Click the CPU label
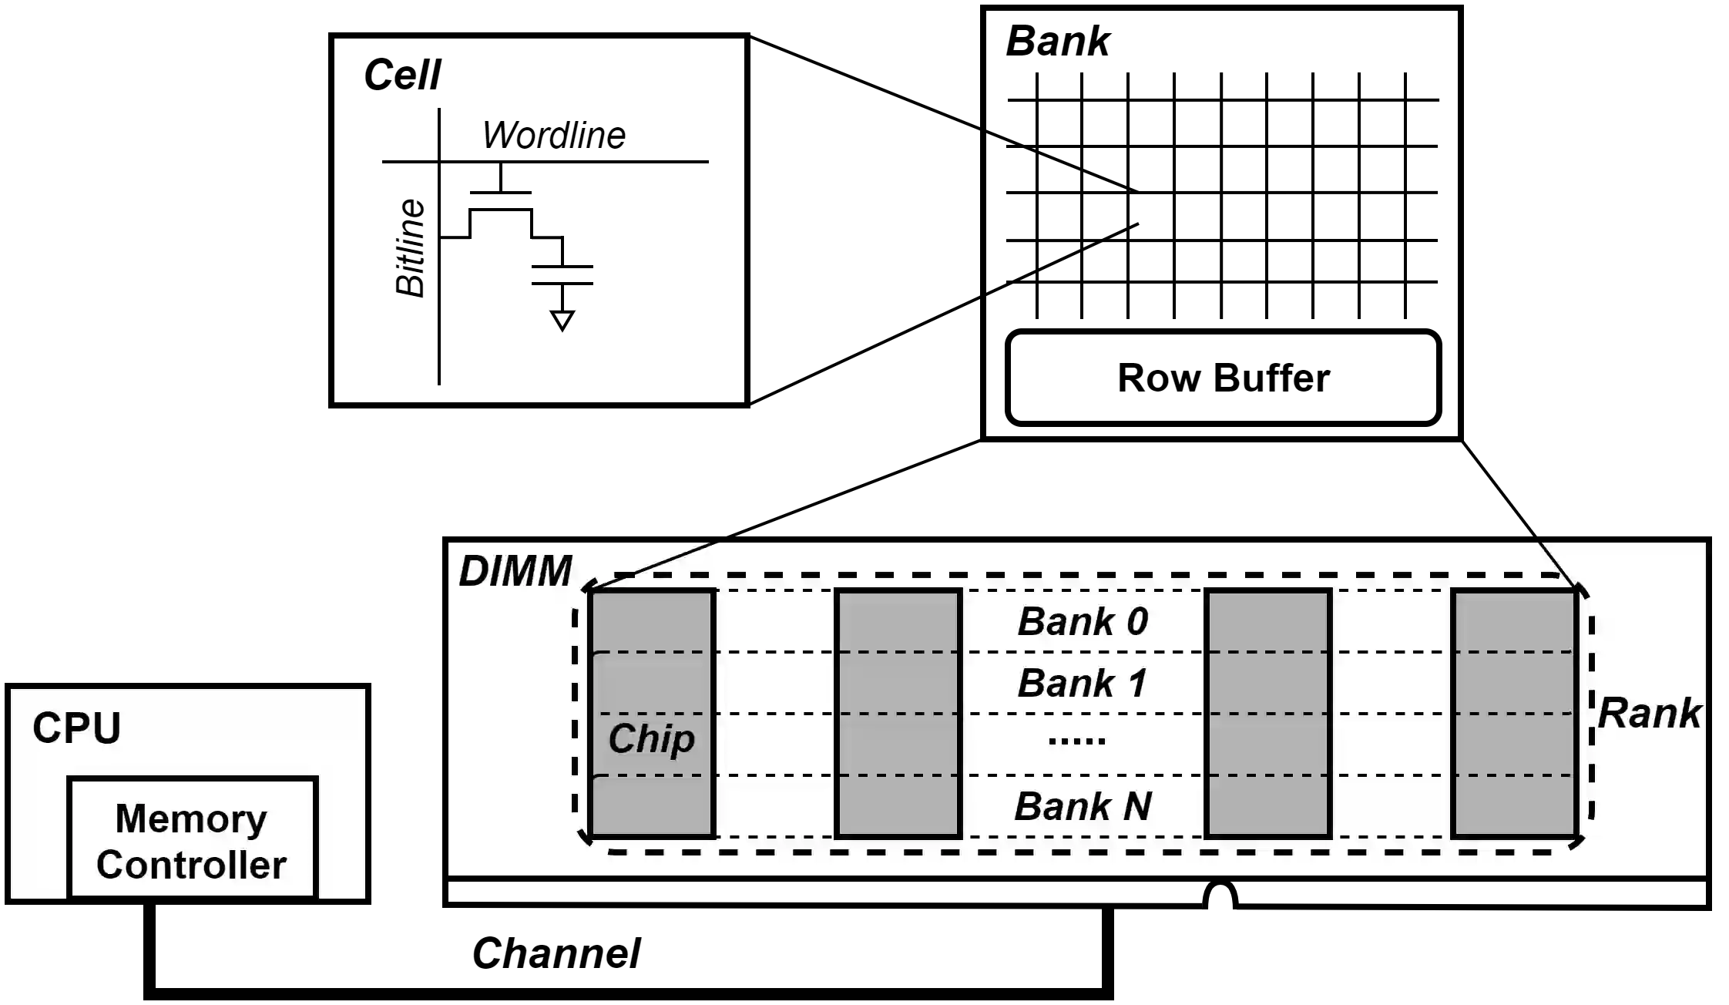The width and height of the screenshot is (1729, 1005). [x=76, y=728]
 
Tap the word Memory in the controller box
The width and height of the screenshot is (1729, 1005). [x=191, y=818]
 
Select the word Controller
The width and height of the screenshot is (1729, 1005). [x=191, y=865]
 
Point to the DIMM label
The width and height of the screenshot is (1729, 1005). [x=515, y=572]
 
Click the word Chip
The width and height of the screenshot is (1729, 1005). [x=651, y=738]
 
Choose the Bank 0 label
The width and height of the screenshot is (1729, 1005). [x=1083, y=621]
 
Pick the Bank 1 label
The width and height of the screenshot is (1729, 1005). [x=1083, y=683]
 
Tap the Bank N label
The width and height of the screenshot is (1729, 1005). [x=1083, y=806]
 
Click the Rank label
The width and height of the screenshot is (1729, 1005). [x=1649, y=713]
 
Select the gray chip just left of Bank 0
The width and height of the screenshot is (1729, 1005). [x=898, y=713]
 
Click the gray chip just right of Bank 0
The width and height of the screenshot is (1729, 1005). [x=1268, y=713]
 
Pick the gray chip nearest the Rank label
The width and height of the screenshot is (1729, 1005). [x=1514, y=713]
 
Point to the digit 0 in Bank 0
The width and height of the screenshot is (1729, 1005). [x=1136, y=621]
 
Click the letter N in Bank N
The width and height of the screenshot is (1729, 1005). [x=1136, y=806]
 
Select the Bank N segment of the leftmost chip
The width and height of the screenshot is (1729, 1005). [x=651, y=806]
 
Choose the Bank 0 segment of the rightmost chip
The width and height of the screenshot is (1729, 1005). [x=1514, y=621]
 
